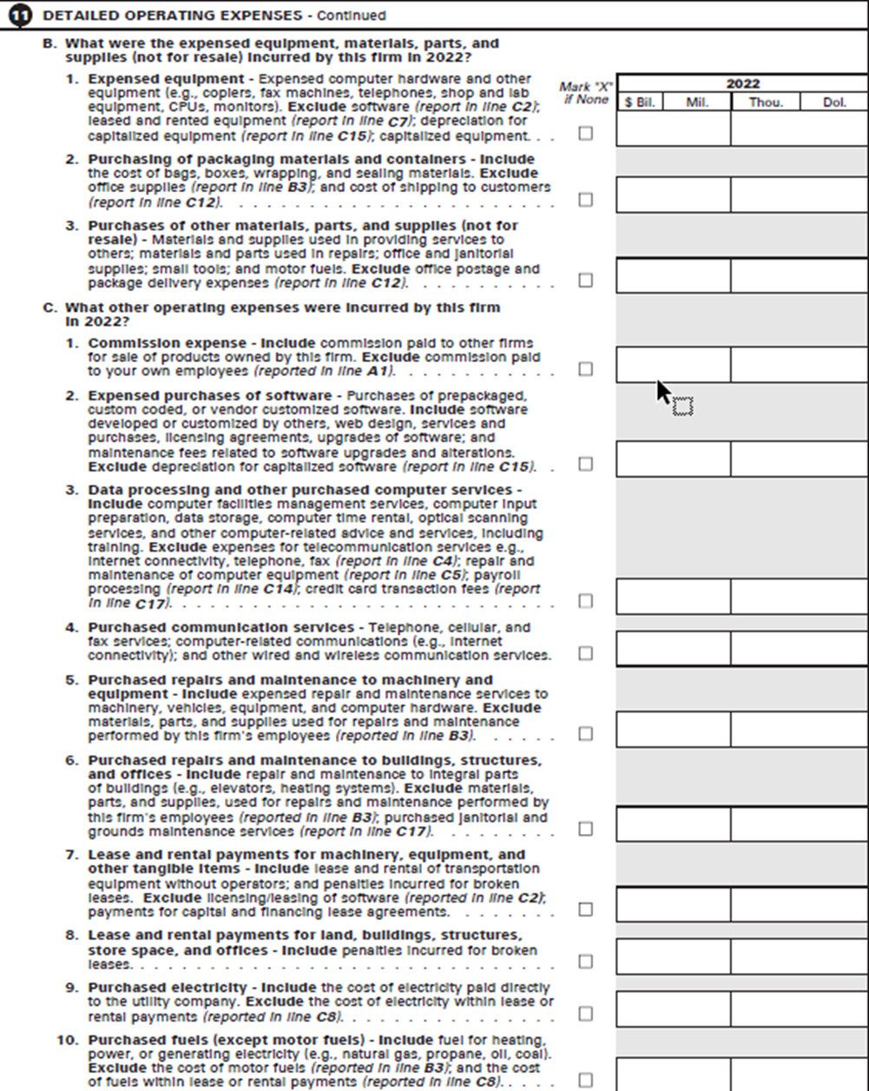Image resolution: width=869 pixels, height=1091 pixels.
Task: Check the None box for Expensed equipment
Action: tap(586, 134)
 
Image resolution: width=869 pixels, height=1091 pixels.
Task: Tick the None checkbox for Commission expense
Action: tap(586, 369)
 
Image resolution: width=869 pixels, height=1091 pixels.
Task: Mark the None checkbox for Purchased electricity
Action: tap(586, 1014)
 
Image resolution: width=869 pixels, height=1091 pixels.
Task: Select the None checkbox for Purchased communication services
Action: tap(586, 653)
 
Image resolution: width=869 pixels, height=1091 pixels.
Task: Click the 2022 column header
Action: tap(742, 84)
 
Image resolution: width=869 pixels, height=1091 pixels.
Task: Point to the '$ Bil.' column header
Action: tap(641, 102)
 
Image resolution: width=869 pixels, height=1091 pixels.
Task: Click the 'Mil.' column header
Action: tap(697, 102)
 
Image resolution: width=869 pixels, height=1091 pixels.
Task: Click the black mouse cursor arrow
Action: tap(664, 392)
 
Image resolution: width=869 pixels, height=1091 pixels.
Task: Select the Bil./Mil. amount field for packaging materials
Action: tap(674, 195)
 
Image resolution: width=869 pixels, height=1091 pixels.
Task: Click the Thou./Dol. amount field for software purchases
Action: tap(799, 459)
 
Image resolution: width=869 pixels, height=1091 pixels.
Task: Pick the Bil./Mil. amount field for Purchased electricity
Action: tap(674, 1008)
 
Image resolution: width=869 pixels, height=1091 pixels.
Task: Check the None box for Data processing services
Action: tap(586, 601)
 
